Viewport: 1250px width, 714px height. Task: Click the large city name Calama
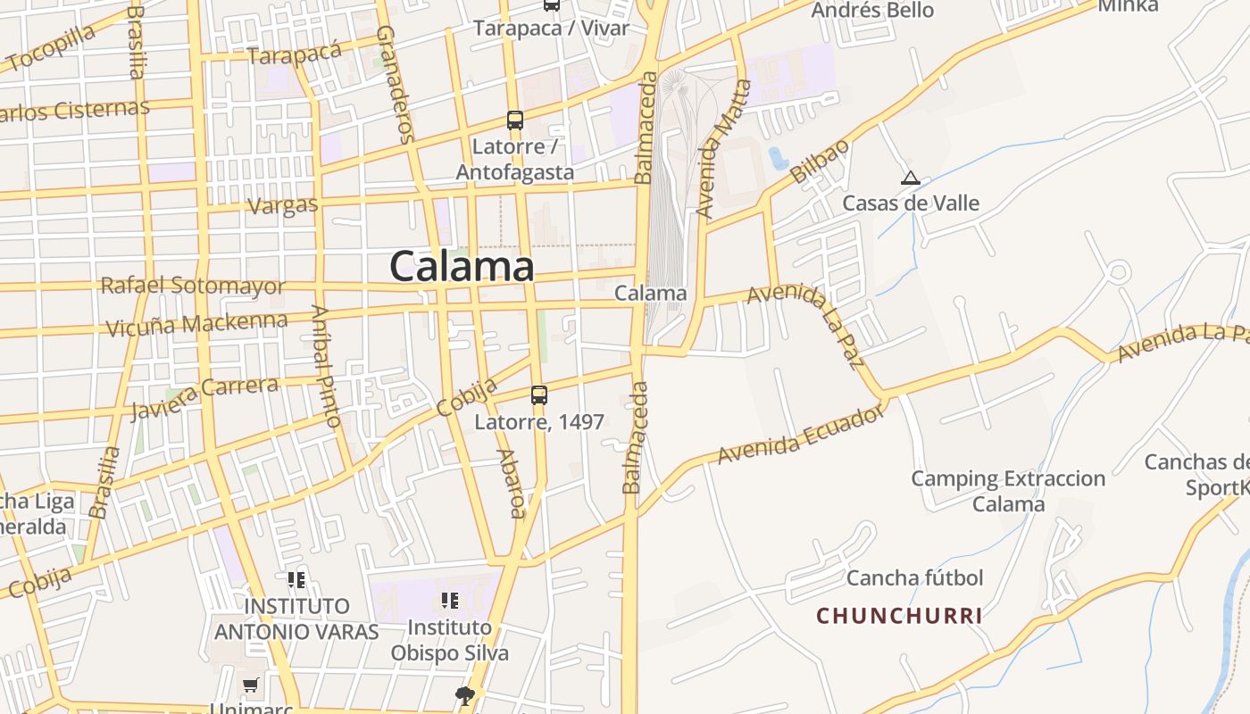click(x=462, y=266)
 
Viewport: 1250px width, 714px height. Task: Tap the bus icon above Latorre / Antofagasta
click(x=514, y=120)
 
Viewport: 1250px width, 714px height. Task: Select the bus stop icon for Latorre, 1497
click(x=538, y=394)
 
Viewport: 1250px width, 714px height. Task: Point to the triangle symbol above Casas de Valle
click(x=910, y=178)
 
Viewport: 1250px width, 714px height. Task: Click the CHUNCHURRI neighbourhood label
click(x=899, y=616)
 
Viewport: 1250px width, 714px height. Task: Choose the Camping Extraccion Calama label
click(x=1008, y=491)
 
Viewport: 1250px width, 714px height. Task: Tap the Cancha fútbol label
click(x=914, y=577)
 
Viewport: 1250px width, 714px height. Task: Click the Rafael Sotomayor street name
click(x=193, y=286)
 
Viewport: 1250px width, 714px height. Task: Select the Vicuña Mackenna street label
click(x=196, y=324)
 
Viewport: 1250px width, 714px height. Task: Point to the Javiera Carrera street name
click(x=204, y=397)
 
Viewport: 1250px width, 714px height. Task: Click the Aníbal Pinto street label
click(x=326, y=366)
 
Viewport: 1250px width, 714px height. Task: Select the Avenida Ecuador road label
click(x=800, y=435)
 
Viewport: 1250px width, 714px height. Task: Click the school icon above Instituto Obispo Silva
click(x=449, y=600)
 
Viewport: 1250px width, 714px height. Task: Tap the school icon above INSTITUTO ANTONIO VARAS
click(x=296, y=580)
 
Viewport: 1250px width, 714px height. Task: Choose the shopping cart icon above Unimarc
click(x=251, y=685)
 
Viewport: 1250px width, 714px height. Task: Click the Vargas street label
click(x=282, y=205)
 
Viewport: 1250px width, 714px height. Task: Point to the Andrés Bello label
click(x=872, y=11)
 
